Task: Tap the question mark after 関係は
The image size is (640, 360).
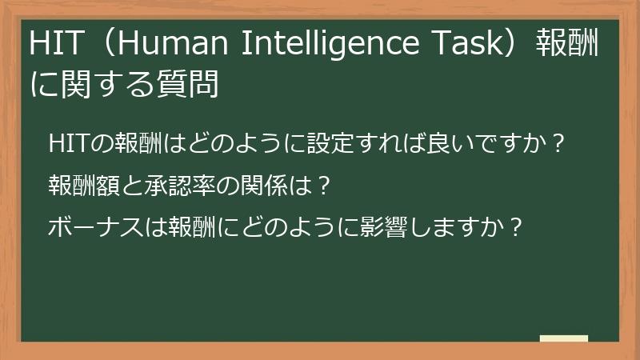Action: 323,186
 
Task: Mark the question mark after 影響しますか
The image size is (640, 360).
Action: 516,227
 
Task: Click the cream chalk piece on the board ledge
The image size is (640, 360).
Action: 564,338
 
